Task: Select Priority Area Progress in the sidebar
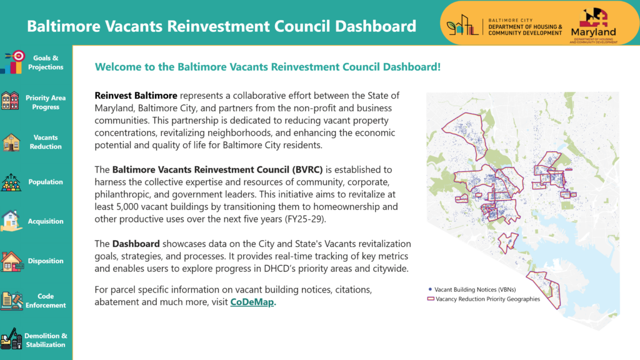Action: [x=46, y=102]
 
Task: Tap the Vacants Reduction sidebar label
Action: [x=46, y=142]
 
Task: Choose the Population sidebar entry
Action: [x=46, y=182]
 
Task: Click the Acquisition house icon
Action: [x=11, y=221]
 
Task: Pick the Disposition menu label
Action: [x=46, y=261]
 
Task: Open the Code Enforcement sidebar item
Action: [x=46, y=301]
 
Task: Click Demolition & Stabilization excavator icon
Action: [x=11, y=340]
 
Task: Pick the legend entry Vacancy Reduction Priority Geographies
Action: [x=487, y=299]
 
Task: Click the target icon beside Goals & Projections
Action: [x=19, y=56]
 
